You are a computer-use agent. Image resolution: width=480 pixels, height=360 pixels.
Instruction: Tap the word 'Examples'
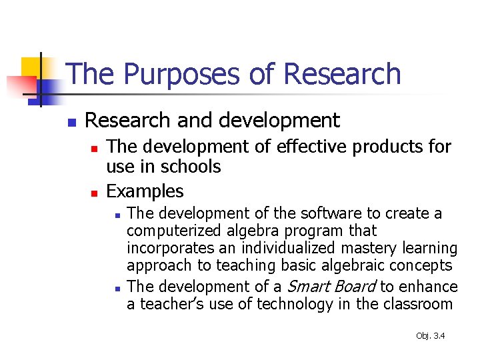145,192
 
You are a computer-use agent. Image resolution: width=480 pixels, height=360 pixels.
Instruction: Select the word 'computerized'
166,231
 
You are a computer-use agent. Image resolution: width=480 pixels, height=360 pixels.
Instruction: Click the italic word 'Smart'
308,287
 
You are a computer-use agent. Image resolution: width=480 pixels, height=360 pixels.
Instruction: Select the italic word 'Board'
355,287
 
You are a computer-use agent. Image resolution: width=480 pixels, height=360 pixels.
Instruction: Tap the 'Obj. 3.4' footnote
430,335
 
